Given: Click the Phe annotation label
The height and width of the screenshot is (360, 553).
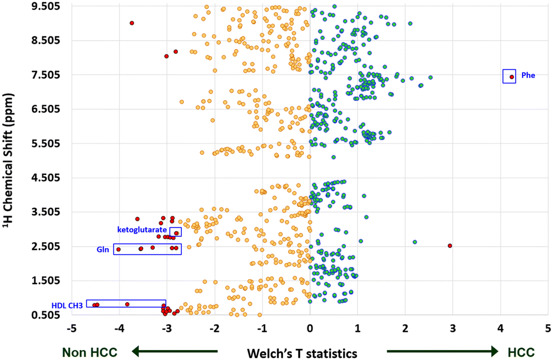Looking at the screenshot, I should point(528,76).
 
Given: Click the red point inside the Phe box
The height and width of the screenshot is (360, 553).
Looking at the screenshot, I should point(512,77).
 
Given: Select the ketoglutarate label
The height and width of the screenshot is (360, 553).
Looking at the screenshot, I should point(142,229).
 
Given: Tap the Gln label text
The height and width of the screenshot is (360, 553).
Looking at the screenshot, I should point(102,249).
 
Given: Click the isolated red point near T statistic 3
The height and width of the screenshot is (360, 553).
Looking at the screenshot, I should point(450,246).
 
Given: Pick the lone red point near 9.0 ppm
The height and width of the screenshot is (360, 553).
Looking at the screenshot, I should point(132,23).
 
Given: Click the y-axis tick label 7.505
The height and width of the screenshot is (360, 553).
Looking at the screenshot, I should point(46,75).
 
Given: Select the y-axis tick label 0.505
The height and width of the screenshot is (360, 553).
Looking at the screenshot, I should point(46,315).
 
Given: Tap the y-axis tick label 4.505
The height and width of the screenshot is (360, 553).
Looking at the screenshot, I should point(46,178).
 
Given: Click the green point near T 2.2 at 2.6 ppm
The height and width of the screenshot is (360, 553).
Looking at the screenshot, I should point(415,242).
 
